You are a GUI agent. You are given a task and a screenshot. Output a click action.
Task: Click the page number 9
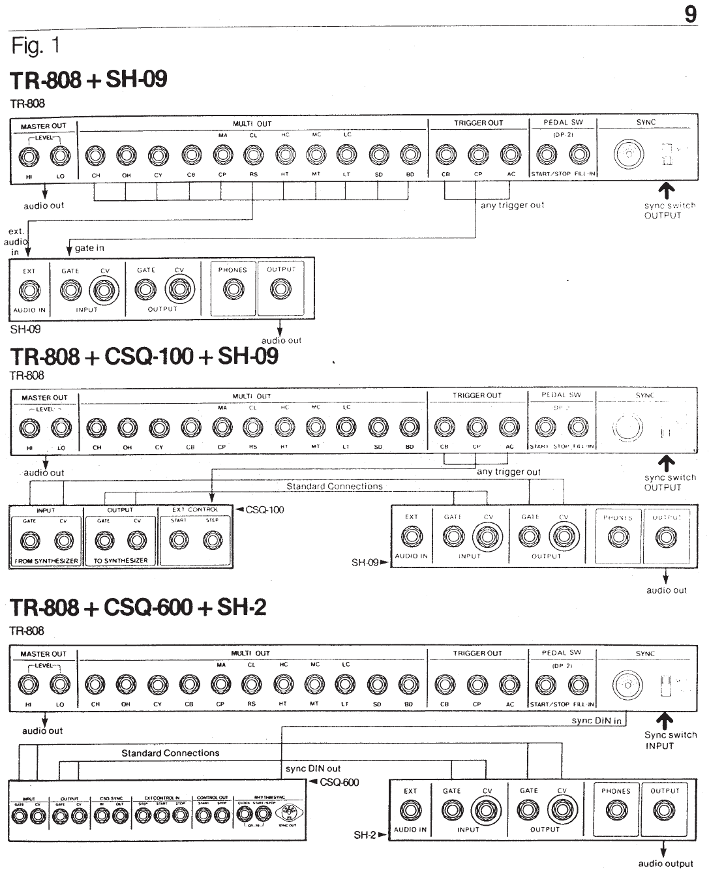point(691,14)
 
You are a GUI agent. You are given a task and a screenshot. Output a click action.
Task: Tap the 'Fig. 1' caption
point(36,46)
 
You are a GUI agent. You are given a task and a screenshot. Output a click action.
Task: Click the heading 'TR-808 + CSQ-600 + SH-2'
point(138,607)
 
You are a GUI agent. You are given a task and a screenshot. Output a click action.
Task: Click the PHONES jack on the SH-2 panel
point(616,810)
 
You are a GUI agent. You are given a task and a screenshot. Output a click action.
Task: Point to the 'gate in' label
point(89,248)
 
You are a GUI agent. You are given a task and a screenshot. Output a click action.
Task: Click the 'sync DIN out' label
point(313,768)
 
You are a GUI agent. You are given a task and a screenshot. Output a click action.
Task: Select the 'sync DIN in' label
point(596,721)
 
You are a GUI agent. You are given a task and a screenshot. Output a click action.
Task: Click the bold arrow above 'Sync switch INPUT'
point(667,721)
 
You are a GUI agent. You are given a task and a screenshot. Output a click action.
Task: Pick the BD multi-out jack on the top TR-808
point(410,155)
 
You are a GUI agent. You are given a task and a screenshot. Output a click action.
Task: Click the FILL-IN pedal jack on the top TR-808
point(579,155)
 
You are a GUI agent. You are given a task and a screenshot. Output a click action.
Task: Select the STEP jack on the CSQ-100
point(212,539)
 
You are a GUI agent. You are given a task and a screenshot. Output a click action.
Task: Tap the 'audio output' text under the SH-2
point(665,864)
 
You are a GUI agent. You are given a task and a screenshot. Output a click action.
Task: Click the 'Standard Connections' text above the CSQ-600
point(170,753)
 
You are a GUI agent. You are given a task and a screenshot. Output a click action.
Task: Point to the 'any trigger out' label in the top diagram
point(512,205)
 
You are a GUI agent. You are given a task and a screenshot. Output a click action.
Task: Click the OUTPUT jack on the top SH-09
point(281,289)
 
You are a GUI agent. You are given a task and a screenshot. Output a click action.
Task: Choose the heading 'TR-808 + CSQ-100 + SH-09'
point(144,356)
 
